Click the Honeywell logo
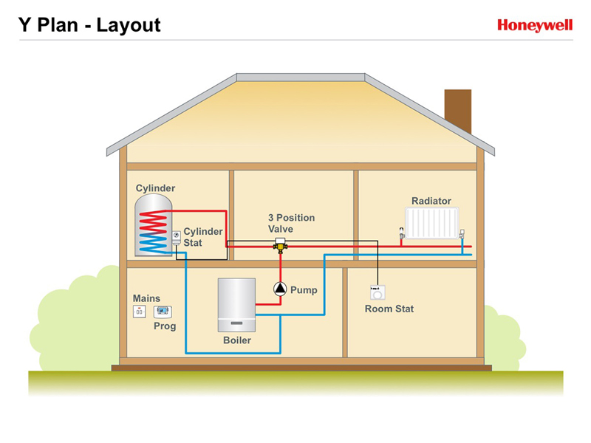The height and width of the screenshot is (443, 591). click(x=535, y=25)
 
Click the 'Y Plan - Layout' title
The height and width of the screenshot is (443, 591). click(x=89, y=25)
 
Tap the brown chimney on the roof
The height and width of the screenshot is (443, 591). click(x=458, y=111)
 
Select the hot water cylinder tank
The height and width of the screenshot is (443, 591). click(x=154, y=225)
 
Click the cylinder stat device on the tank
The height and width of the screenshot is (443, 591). click(x=177, y=237)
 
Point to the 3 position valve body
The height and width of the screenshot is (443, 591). click(x=280, y=245)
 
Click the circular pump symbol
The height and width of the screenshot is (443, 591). click(x=280, y=289)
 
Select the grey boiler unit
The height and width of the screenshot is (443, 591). click(x=236, y=305)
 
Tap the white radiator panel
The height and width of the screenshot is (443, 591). click(x=432, y=223)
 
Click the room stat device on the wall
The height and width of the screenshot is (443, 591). click(x=378, y=292)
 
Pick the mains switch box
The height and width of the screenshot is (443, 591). click(x=139, y=312)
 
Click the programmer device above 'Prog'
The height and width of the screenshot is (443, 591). click(x=163, y=312)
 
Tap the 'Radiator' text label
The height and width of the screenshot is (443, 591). click(x=431, y=201)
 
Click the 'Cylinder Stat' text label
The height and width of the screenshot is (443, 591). click(x=202, y=237)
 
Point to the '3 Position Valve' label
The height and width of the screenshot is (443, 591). click(x=291, y=223)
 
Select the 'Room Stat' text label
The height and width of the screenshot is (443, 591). click(x=389, y=309)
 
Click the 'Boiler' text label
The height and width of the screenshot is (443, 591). click(x=237, y=340)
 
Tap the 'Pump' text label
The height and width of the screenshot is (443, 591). click(x=304, y=290)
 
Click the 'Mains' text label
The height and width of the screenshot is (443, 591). click(x=146, y=298)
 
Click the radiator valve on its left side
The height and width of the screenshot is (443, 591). click(x=402, y=233)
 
